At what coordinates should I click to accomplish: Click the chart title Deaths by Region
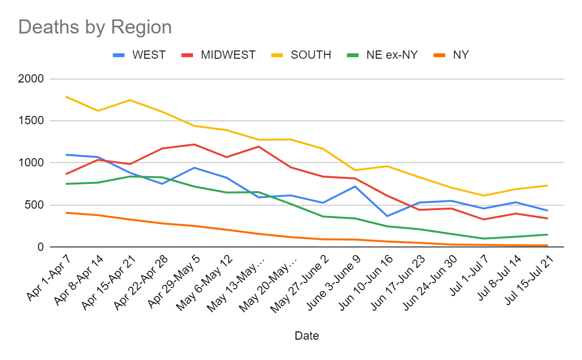coord(95,27)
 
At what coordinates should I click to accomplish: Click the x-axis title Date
coord(307,336)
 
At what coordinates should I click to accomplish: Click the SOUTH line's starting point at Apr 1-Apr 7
coord(66,97)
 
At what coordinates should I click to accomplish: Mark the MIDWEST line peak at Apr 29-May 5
coord(194,144)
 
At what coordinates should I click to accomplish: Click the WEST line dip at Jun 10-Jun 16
coord(387,216)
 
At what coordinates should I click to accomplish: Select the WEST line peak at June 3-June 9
coord(355,186)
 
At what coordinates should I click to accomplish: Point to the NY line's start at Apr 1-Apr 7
coord(66,213)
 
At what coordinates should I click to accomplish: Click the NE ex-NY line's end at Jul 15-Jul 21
coord(548,234)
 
